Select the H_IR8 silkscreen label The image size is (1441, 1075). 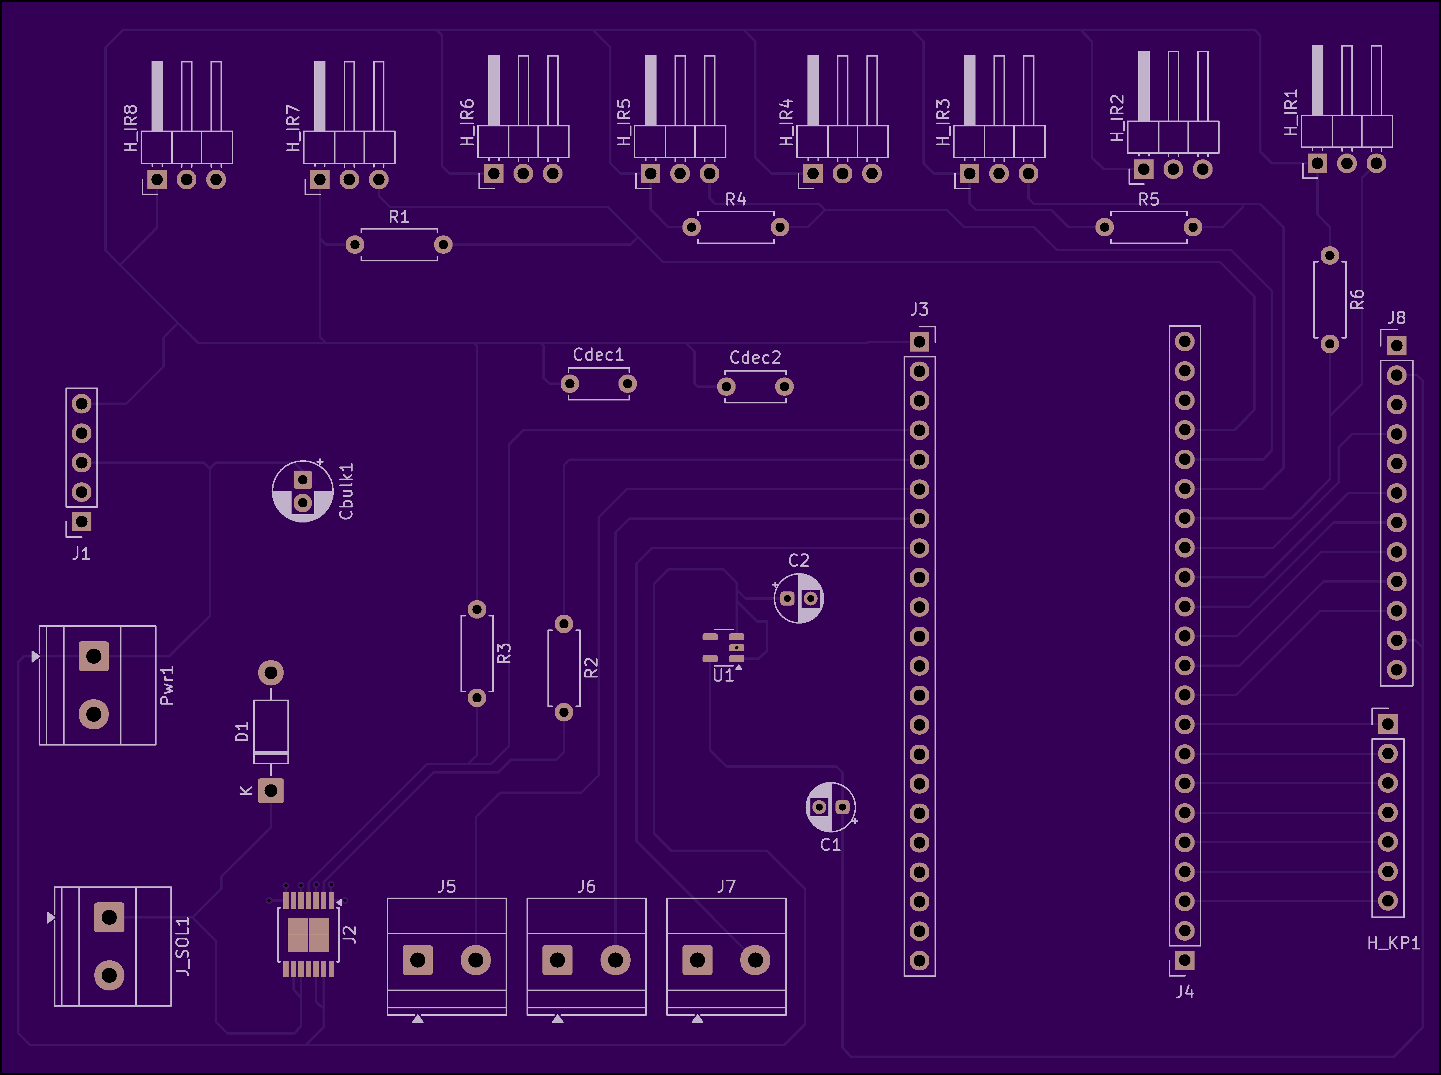131,128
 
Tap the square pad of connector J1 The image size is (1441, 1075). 81,521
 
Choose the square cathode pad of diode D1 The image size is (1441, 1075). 271,791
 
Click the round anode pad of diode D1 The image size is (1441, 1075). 271,672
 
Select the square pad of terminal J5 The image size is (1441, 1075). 417,960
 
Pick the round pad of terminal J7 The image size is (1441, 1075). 755,960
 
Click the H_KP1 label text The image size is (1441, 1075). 1394,943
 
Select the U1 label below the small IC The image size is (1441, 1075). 723,675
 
